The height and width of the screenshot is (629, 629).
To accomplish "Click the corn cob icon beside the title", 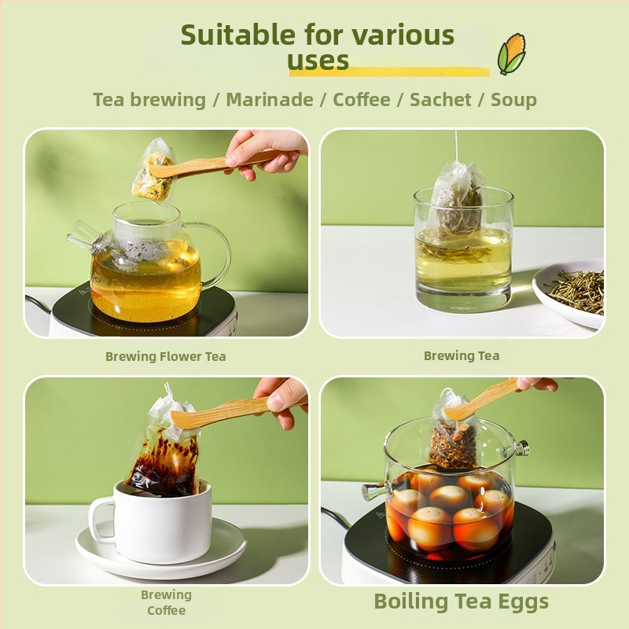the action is [x=512, y=54].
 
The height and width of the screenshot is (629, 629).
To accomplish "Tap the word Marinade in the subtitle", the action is [x=270, y=100].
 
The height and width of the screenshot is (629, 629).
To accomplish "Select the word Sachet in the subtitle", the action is [x=440, y=100].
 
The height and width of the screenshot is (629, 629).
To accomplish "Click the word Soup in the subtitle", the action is [x=514, y=101].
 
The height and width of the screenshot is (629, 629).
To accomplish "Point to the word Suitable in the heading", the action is [x=238, y=35].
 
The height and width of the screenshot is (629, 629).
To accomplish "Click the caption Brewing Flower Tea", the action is [x=166, y=356].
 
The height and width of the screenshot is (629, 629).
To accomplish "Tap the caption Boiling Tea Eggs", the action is [x=462, y=601].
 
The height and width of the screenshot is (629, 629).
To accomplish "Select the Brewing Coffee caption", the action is [x=166, y=602].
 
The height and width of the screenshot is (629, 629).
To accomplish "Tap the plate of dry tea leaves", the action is [x=569, y=292].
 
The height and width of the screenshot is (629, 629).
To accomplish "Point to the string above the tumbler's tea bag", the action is [x=457, y=145].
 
